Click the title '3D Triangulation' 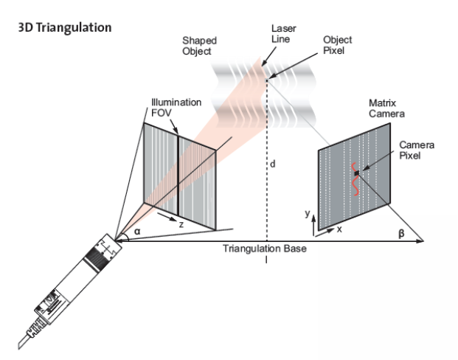(x=65, y=27)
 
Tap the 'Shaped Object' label (x=199, y=46)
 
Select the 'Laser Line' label (x=284, y=34)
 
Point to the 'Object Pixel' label (x=337, y=45)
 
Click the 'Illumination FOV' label (x=176, y=108)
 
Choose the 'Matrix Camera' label (x=386, y=108)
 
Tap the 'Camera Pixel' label (x=417, y=150)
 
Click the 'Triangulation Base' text (x=265, y=249)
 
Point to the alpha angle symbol (x=137, y=232)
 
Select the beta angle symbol (x=402, y=233)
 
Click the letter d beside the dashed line (x=273, y=165)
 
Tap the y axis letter (x=307, y=213)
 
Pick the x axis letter (x=339, y=229)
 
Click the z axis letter (x=181, y=224)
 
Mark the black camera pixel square (x=357, y=173)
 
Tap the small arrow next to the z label (x=167, y=217)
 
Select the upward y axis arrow (x=313, y=226)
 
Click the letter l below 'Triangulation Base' (x=266, y=260)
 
